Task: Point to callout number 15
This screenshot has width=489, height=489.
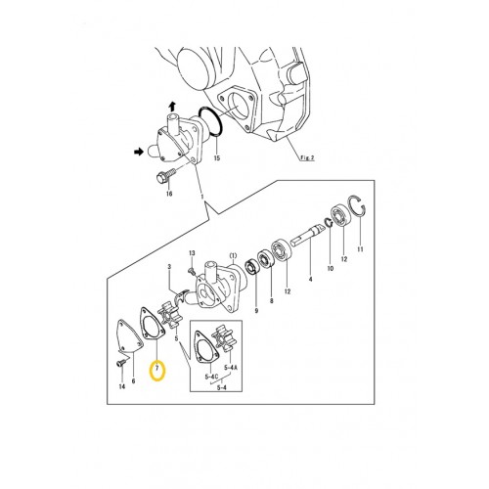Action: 217,157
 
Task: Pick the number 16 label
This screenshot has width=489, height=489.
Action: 168,195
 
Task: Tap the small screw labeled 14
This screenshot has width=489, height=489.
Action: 117,365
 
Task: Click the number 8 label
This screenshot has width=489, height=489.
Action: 272,303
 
